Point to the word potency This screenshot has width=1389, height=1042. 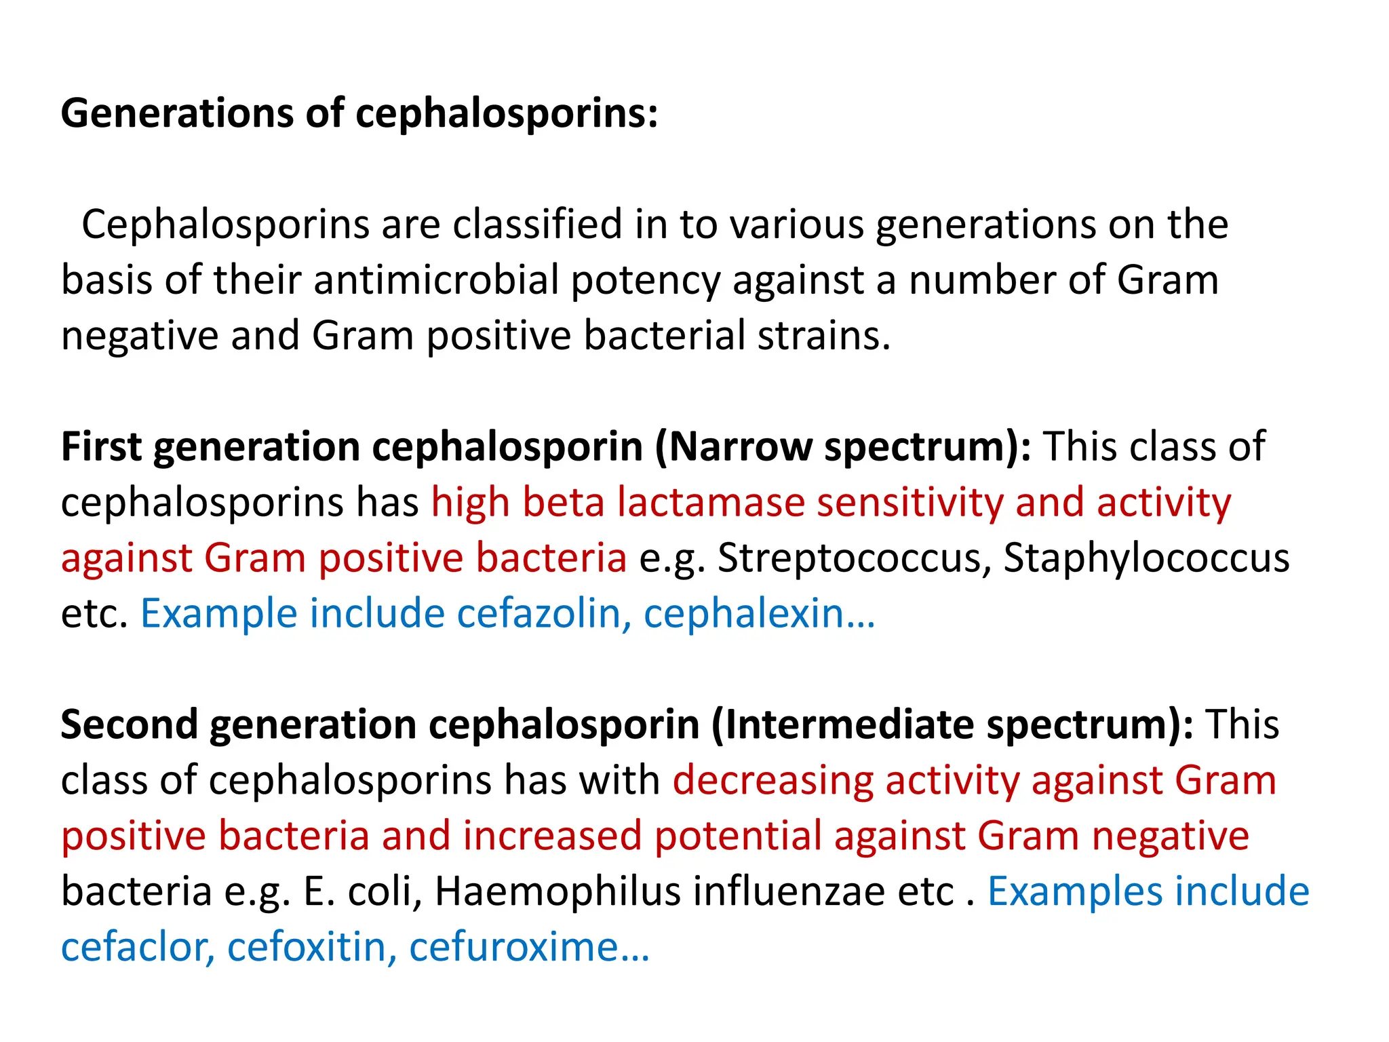click(x=645, y=282)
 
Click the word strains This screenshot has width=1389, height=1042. click(x=823, y=336)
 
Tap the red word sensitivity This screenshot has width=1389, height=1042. click(x=909, y=503)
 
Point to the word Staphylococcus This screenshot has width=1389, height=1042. click(x=1146, y=558)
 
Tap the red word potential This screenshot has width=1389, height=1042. click(x=738, y=836)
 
